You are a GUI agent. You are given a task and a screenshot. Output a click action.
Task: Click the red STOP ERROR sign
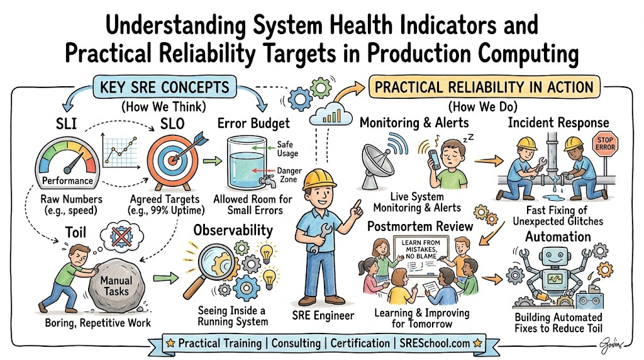coord(605,144)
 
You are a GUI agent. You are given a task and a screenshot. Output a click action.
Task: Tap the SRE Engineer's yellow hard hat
coord(319,179)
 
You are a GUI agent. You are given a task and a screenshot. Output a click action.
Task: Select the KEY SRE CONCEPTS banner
coord(165,87)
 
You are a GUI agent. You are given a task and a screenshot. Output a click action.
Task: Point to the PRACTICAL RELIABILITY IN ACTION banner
coord(484,87)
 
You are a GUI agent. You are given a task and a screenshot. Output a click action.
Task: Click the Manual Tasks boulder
coord(116,286)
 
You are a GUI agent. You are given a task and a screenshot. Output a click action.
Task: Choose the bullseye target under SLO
coord(173,162)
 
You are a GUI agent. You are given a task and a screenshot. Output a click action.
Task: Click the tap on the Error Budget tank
coord(267,180)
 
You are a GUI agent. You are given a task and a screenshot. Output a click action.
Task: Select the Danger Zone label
coord(289,175)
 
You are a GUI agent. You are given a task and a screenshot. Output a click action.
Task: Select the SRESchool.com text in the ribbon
coord(435,343)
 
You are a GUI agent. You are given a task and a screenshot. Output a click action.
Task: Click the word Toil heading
coord(75,233)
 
